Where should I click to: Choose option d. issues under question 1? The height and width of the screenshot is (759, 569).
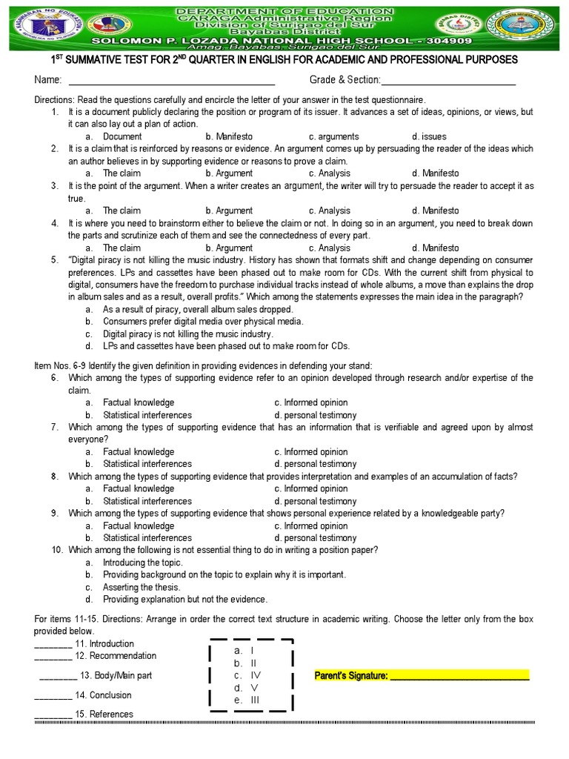[429, 136]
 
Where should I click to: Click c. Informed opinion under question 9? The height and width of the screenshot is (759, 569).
[310, 526]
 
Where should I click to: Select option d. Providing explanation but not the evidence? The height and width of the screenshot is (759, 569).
[184, 599]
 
